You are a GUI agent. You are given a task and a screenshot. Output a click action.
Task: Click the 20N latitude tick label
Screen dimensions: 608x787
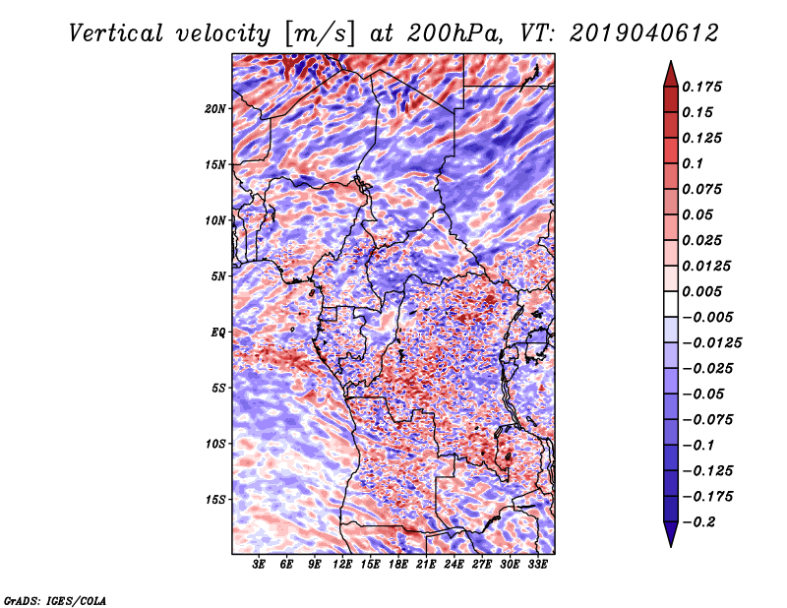click(x=215, y=108)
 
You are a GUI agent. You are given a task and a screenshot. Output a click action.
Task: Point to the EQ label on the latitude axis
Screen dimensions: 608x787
click(x=218, y=333)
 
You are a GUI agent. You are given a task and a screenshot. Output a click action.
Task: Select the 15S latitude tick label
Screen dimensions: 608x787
click(x=215, y=500)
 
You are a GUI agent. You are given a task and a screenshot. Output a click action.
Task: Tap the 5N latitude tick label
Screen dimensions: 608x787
click(x=218, y=276)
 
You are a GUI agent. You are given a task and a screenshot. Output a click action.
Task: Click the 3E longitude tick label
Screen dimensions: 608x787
click(x=260, y=565)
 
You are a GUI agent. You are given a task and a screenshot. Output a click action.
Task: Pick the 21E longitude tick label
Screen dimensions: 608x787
click(x=426, y=565)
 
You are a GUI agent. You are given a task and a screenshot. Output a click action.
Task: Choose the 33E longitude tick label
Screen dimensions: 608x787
click(x=537, y=565)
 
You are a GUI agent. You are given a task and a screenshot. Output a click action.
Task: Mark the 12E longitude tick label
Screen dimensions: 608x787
click(x=342, y=565)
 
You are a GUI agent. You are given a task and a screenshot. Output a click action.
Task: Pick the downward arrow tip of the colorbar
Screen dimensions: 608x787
click(x=670, y=543)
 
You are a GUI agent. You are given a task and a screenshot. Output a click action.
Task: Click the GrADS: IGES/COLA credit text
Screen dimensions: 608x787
click(x=54, y=599)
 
